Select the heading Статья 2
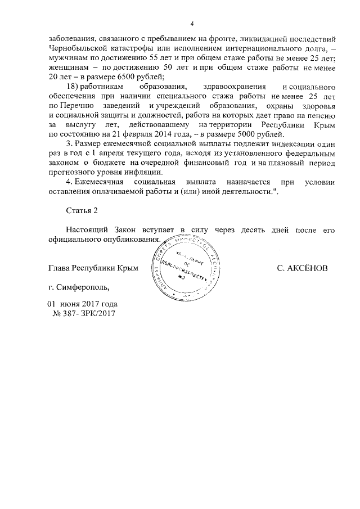[x=82, y=210]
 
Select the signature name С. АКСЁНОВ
[x=301, y=269]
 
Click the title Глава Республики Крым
[x=93, y=269]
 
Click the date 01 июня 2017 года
[x=82, y=304]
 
